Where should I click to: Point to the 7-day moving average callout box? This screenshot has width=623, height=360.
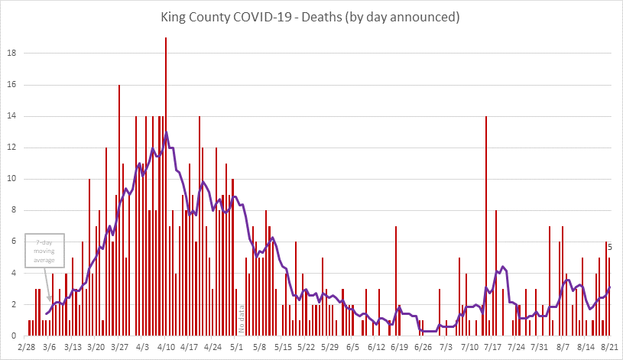[45, 251]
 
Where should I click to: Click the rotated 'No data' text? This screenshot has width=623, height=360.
[240, 318]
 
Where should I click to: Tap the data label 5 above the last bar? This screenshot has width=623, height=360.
[609, 246]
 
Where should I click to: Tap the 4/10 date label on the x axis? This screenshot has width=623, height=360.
[167, 346]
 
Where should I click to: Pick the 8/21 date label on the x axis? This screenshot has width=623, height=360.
[608, 346]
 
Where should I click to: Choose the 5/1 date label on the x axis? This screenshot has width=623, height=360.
[237, 346]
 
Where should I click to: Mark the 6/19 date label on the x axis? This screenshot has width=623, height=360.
[399, 346]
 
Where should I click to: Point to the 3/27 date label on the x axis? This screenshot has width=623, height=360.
[119, 346]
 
